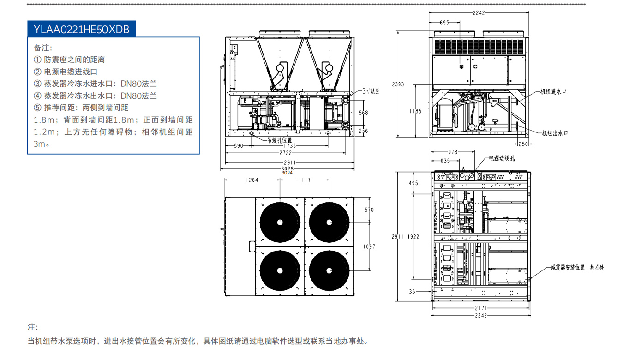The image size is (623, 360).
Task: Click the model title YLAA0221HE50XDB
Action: coord(81,29)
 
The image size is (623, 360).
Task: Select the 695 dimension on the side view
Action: coord(444,22)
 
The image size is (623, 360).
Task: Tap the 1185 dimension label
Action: coord(415,111)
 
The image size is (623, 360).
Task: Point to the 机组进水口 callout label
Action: coord(553,91)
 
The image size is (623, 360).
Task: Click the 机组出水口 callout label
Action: coord(554,133)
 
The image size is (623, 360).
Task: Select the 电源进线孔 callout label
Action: coord(502,158)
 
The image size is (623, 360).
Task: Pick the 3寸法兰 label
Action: coord(371,91)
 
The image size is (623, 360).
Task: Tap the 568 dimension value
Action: coord(364,113)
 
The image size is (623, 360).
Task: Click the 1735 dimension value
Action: coord(289,146)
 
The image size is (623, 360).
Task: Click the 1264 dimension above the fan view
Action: coord(252,180)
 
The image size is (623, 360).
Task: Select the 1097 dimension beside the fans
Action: coord(369,246)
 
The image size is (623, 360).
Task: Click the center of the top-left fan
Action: coord(280,222)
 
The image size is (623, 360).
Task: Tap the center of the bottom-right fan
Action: coord(329,270)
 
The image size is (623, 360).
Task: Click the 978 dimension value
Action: coord(454,152)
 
